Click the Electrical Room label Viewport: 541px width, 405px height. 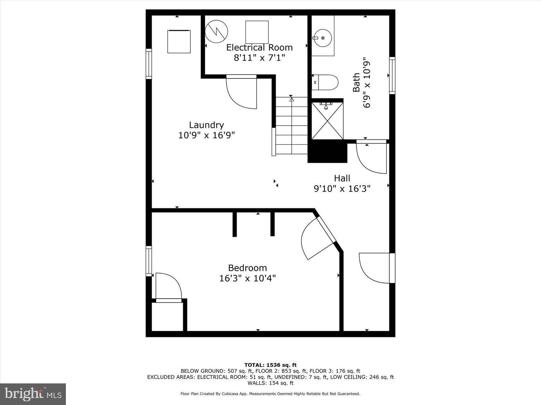click(259, 48)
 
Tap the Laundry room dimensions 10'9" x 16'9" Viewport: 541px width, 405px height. click(207, 135)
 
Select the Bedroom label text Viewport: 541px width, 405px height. click(247, 268)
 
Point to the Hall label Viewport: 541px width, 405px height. click(342, 178)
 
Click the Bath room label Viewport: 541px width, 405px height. click(356, 83)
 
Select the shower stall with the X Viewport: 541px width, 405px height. click(327, 120)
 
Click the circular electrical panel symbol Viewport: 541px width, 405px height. click(216, 32)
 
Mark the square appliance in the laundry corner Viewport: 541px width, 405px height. click(179, 41)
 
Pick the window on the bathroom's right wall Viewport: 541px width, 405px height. click(392, 76)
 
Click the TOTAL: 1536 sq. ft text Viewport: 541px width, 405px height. click(270, 365)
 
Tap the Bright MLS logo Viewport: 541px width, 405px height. click(33, 394)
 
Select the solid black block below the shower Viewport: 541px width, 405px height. click(327, 152)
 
